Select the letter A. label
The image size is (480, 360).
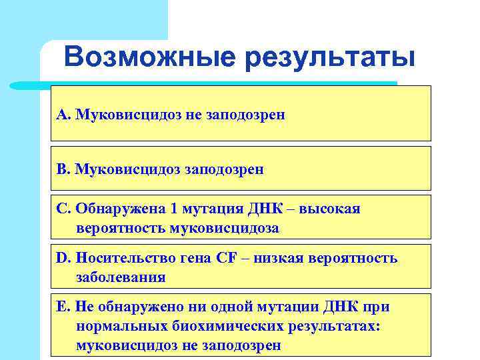coord(64,115)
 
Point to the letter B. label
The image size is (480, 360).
coord(64,169)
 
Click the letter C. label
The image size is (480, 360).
coord(64,209)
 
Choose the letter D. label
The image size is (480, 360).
coord(65,258)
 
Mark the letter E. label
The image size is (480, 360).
coord(64,307)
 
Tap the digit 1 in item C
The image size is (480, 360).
coord(175,209)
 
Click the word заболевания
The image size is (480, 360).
coord(121,277)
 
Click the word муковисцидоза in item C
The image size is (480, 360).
coord(225,228)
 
